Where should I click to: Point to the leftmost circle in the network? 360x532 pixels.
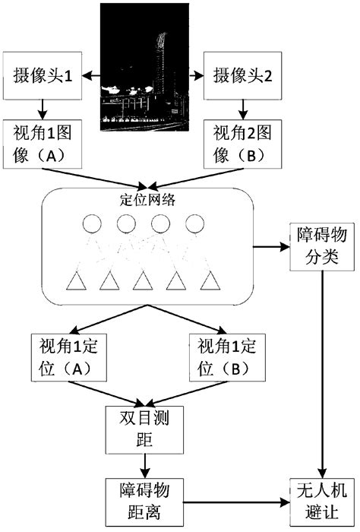pos(92,225)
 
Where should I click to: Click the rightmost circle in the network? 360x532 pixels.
pos(194,225)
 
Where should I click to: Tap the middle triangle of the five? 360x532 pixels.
pos(142,282)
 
